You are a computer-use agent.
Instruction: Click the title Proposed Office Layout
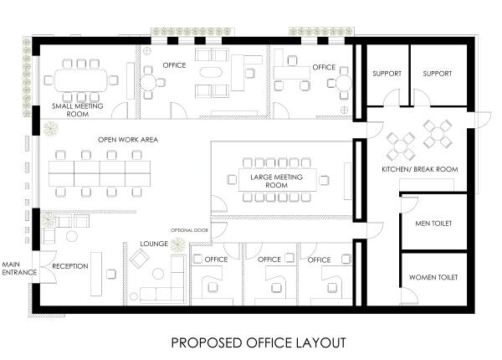(258, 342)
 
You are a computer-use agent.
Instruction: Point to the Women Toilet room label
(433, 276)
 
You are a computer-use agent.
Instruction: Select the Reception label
(70, 266)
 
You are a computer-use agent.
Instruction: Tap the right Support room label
(437, 74)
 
